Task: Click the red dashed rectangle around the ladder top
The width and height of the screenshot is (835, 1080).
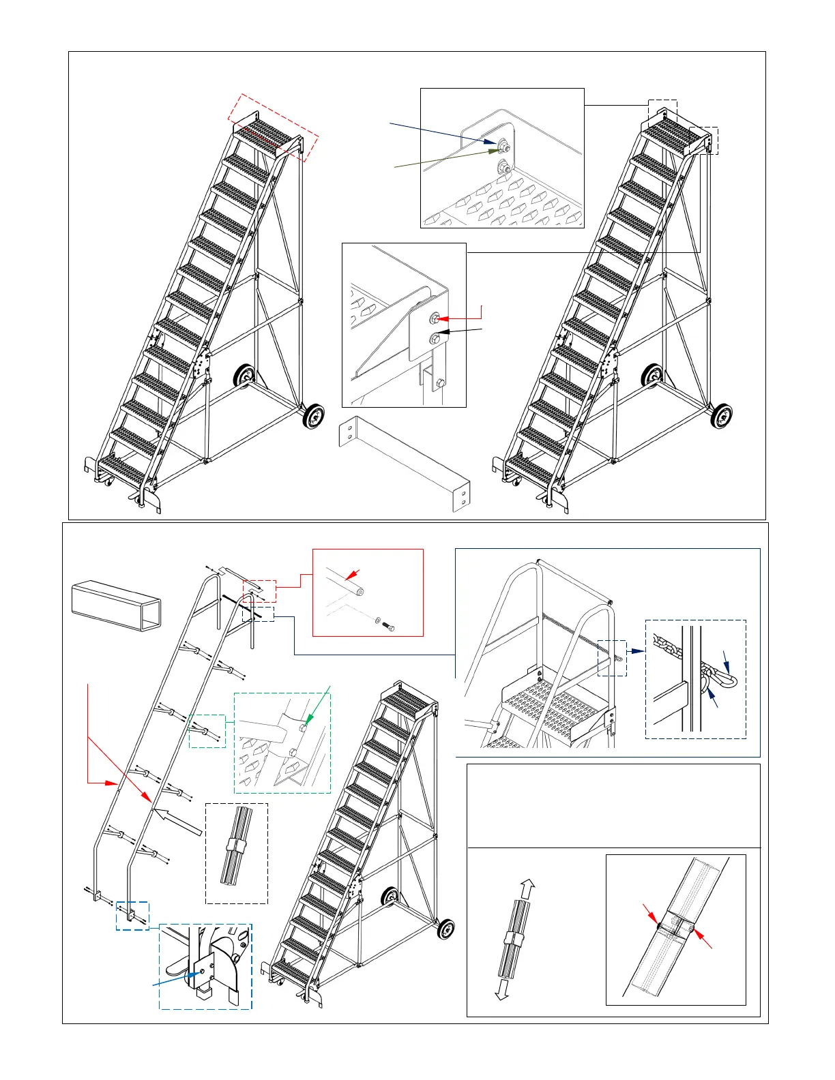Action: point(273,127)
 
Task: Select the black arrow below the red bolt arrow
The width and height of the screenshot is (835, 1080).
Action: point(460,332)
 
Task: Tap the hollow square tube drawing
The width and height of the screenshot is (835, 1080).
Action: point(117,605)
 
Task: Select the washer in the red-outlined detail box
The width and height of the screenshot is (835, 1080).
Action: point(377,620)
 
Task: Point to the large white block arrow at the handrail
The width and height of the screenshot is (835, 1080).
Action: point(179,821)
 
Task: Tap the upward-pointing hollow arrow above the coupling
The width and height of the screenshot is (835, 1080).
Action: point(528,890)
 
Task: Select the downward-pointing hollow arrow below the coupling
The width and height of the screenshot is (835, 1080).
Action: point(501,990)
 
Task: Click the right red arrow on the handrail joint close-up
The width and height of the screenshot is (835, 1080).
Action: point(703,938)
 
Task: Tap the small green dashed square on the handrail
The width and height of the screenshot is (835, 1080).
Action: point(207,730)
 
